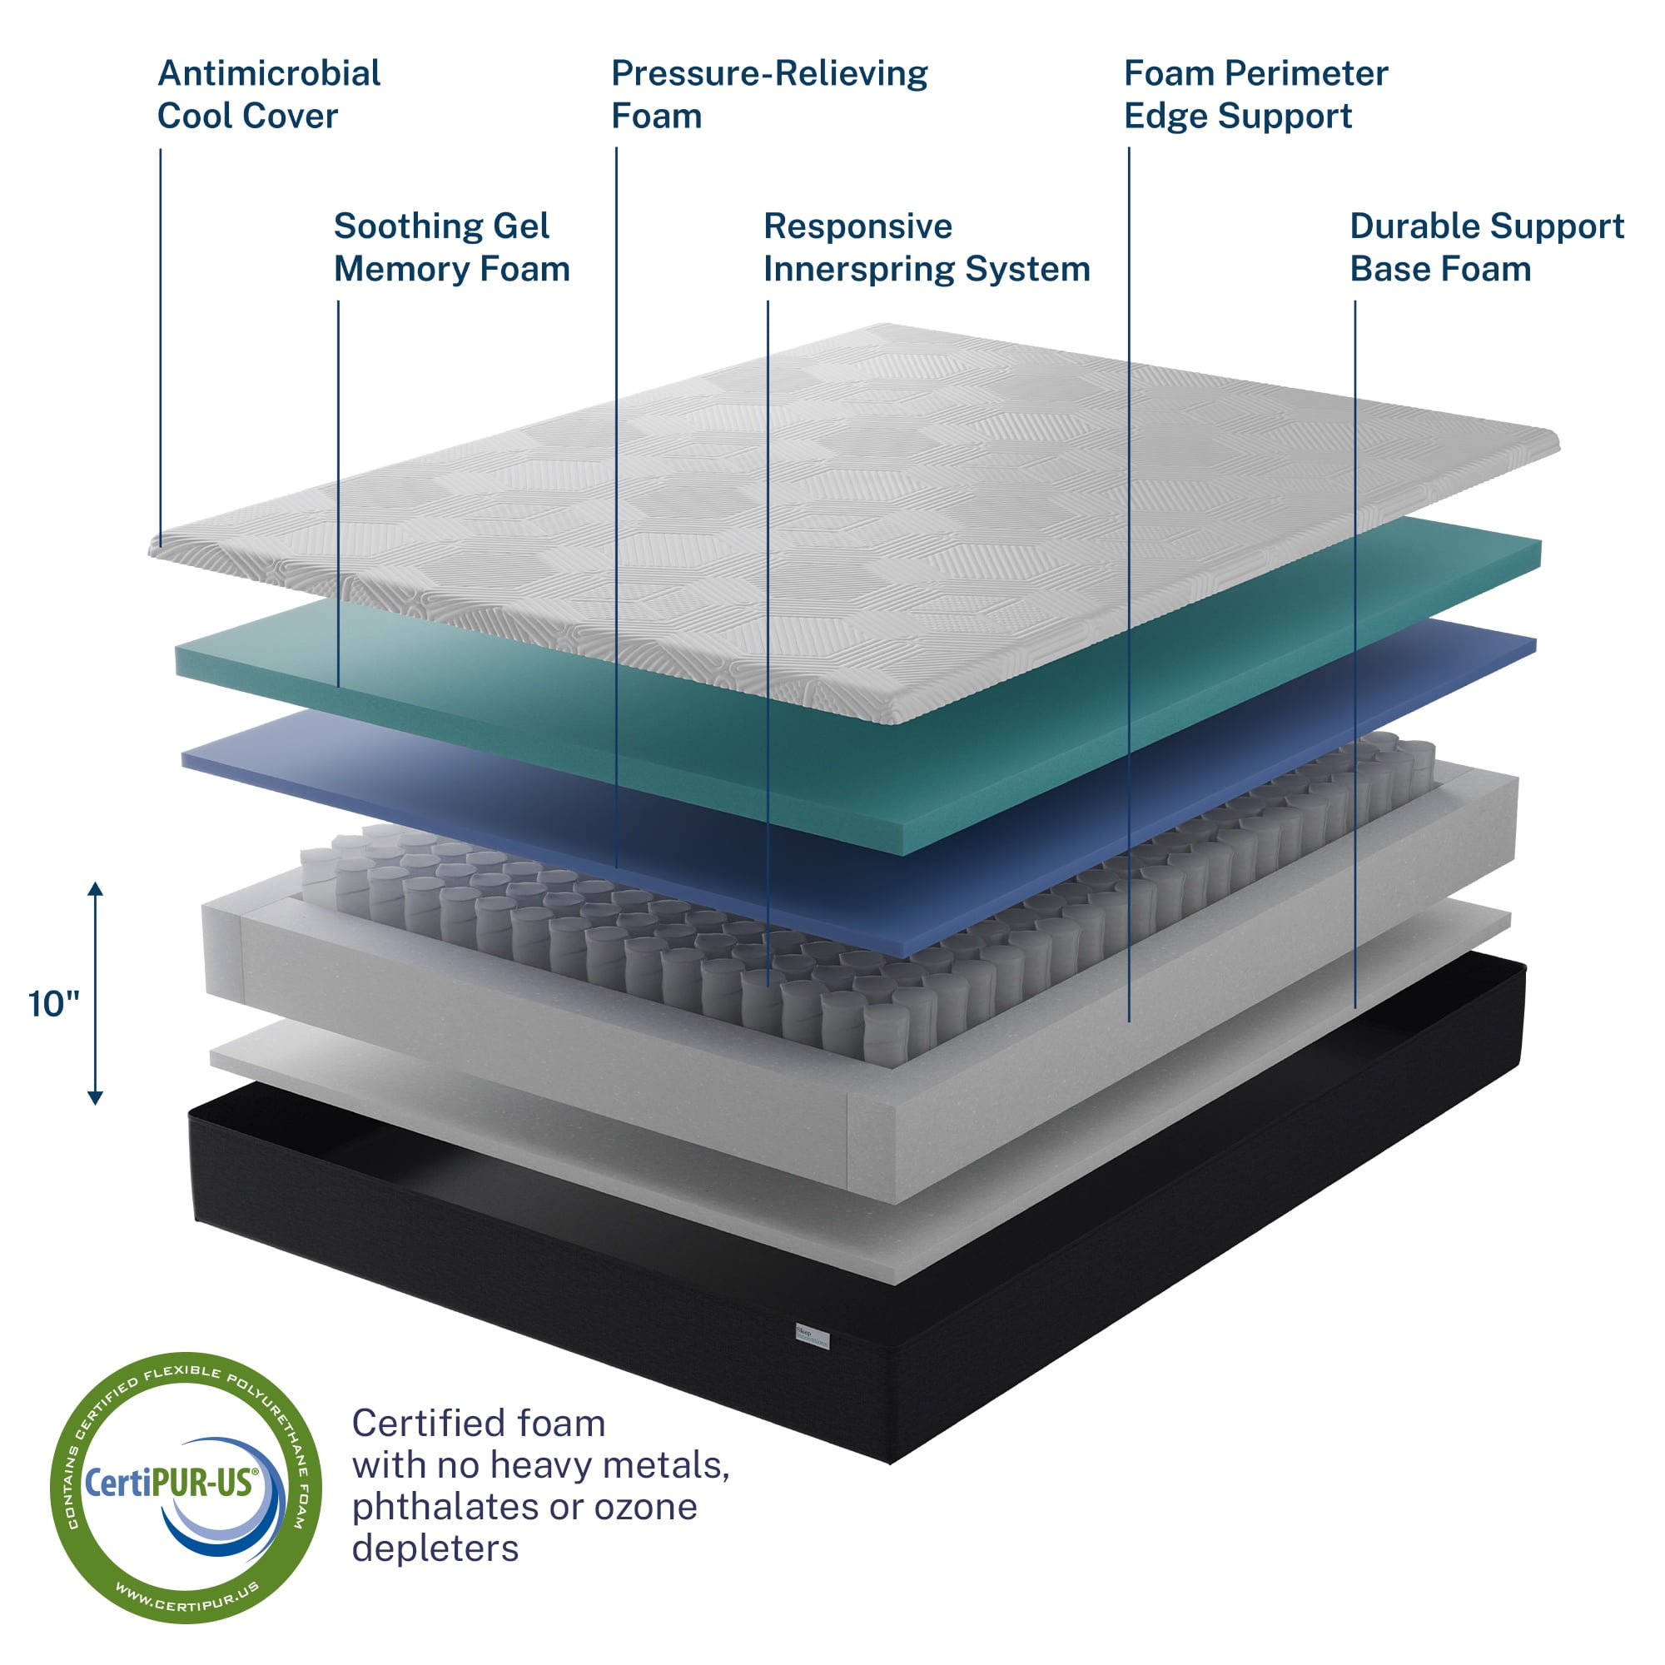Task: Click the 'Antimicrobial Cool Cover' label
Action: (268, 95)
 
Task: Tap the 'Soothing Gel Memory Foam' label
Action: (451, 247)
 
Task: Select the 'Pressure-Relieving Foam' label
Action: (768, 95)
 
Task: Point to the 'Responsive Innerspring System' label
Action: (927, 247)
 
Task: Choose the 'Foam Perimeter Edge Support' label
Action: (1255, 95)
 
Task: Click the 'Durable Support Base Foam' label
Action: (1487, 247)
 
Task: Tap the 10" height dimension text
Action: (53, 1005)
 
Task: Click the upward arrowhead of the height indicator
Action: (96, 889)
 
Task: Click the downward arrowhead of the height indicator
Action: (96, 1098)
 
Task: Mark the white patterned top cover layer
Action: (862, 499)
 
